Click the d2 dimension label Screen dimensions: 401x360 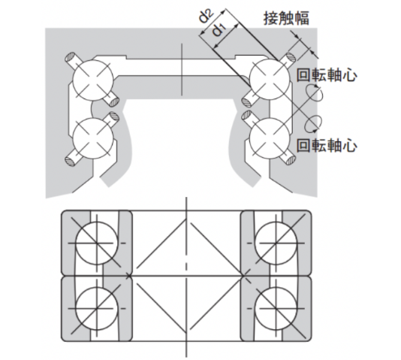pyautogui.click(x=207, y=17)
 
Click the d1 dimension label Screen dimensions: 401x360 pyautogui.click(x=219, y=29)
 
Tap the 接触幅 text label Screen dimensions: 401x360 pyautogui.click(x=286, y=18)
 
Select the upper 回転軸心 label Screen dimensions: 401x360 pyautogui.click(x=327, y=75)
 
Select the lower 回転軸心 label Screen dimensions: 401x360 pyautogui.click(x=327, y=146)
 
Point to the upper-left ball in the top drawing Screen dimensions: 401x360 pyautogui.click(x=93, y=80)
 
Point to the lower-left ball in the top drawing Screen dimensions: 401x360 pyautogui.click(x=93, y=138)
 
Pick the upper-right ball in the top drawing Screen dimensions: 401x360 pyautogui.click(x=270, y=80)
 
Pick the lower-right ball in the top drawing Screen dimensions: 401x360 pyautogui.click(x=270, y=138)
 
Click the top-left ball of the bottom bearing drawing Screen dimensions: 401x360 pyautogui.click(x=97, y=243)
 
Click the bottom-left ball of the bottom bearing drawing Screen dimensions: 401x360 pyautogui.click(x=97, y=308)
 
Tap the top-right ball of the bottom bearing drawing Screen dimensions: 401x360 pyautogui.click(x=276, y=243)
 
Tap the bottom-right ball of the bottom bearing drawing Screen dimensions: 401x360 pyautogui.click(x=276, y=308)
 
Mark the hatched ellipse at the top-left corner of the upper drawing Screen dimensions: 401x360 pyautogui.click(x=70, y=57)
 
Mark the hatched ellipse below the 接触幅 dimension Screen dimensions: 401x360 pyautogui.click(x=291, y=57)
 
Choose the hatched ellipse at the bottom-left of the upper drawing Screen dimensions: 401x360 pyautogui.click(x=70, y=162)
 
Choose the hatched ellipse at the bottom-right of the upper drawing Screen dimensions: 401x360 pyautogui.click(x=291, y=161)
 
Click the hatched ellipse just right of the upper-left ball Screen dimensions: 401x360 pyautogui.click(x=114, y=101)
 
